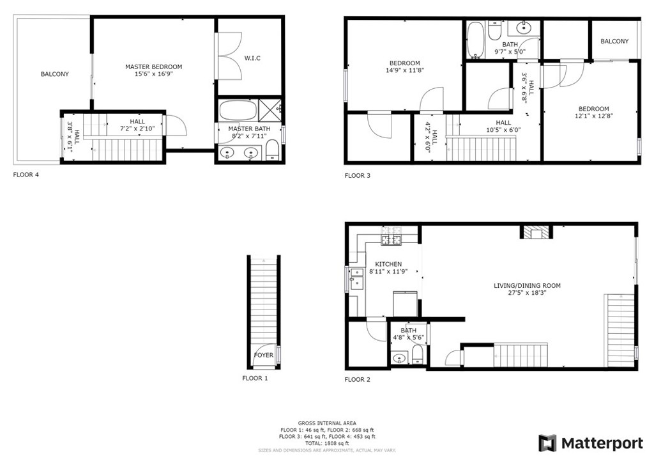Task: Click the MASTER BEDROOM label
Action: click(x=153, y=67)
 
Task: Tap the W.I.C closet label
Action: click(x=252, y=58)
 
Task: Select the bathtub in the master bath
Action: click(x=238, y=110)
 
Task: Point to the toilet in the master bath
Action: click(x=272, y=150)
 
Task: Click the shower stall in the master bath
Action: click(x=270, y=110)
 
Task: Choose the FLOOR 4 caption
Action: click(x=26, y=175)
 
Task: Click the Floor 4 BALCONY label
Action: click(x=55, y=74)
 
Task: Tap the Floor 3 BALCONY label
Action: click(x=614, y=42)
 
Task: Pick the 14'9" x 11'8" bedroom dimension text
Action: click(x=404, y=70)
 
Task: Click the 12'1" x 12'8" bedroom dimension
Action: click(x=593, y=116)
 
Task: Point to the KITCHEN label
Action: click(x=388, y=264)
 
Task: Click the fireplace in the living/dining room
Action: click(x=536, y=232)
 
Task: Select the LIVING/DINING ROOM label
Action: click(x=527, y=286)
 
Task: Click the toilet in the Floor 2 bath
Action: click(x=418, y=354)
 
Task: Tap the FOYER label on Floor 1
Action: click(x=264, y=356)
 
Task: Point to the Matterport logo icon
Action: click(x=547, y=443)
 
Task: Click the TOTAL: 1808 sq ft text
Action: click(x=327, y=443)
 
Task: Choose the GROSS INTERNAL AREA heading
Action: click(x=327, y=423)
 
